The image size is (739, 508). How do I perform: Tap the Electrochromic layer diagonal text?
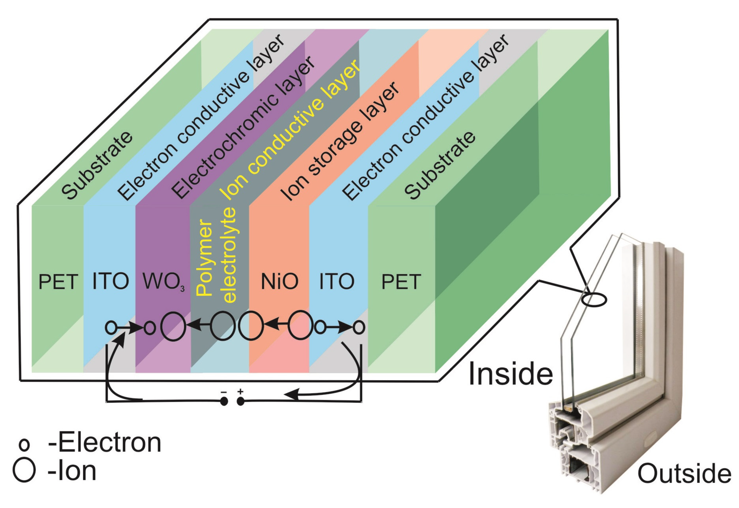[x=243, y=127]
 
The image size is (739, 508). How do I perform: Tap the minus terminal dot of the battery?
[x=224, y=402]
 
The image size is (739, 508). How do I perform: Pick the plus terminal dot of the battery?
[x=241, y=402]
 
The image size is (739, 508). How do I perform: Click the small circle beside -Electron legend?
[x=24, y=445]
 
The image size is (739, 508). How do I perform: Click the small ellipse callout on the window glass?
[x=594, y=300]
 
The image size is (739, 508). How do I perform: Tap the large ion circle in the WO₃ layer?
[x=173, y=327]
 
